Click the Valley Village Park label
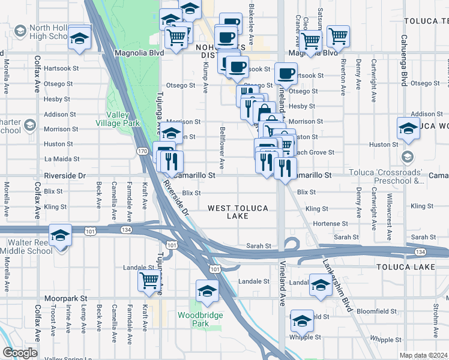tap(122, 119)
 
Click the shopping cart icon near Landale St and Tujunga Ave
tap(149, 280)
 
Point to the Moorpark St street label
tap(65, 298)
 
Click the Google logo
tap(20, 353)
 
